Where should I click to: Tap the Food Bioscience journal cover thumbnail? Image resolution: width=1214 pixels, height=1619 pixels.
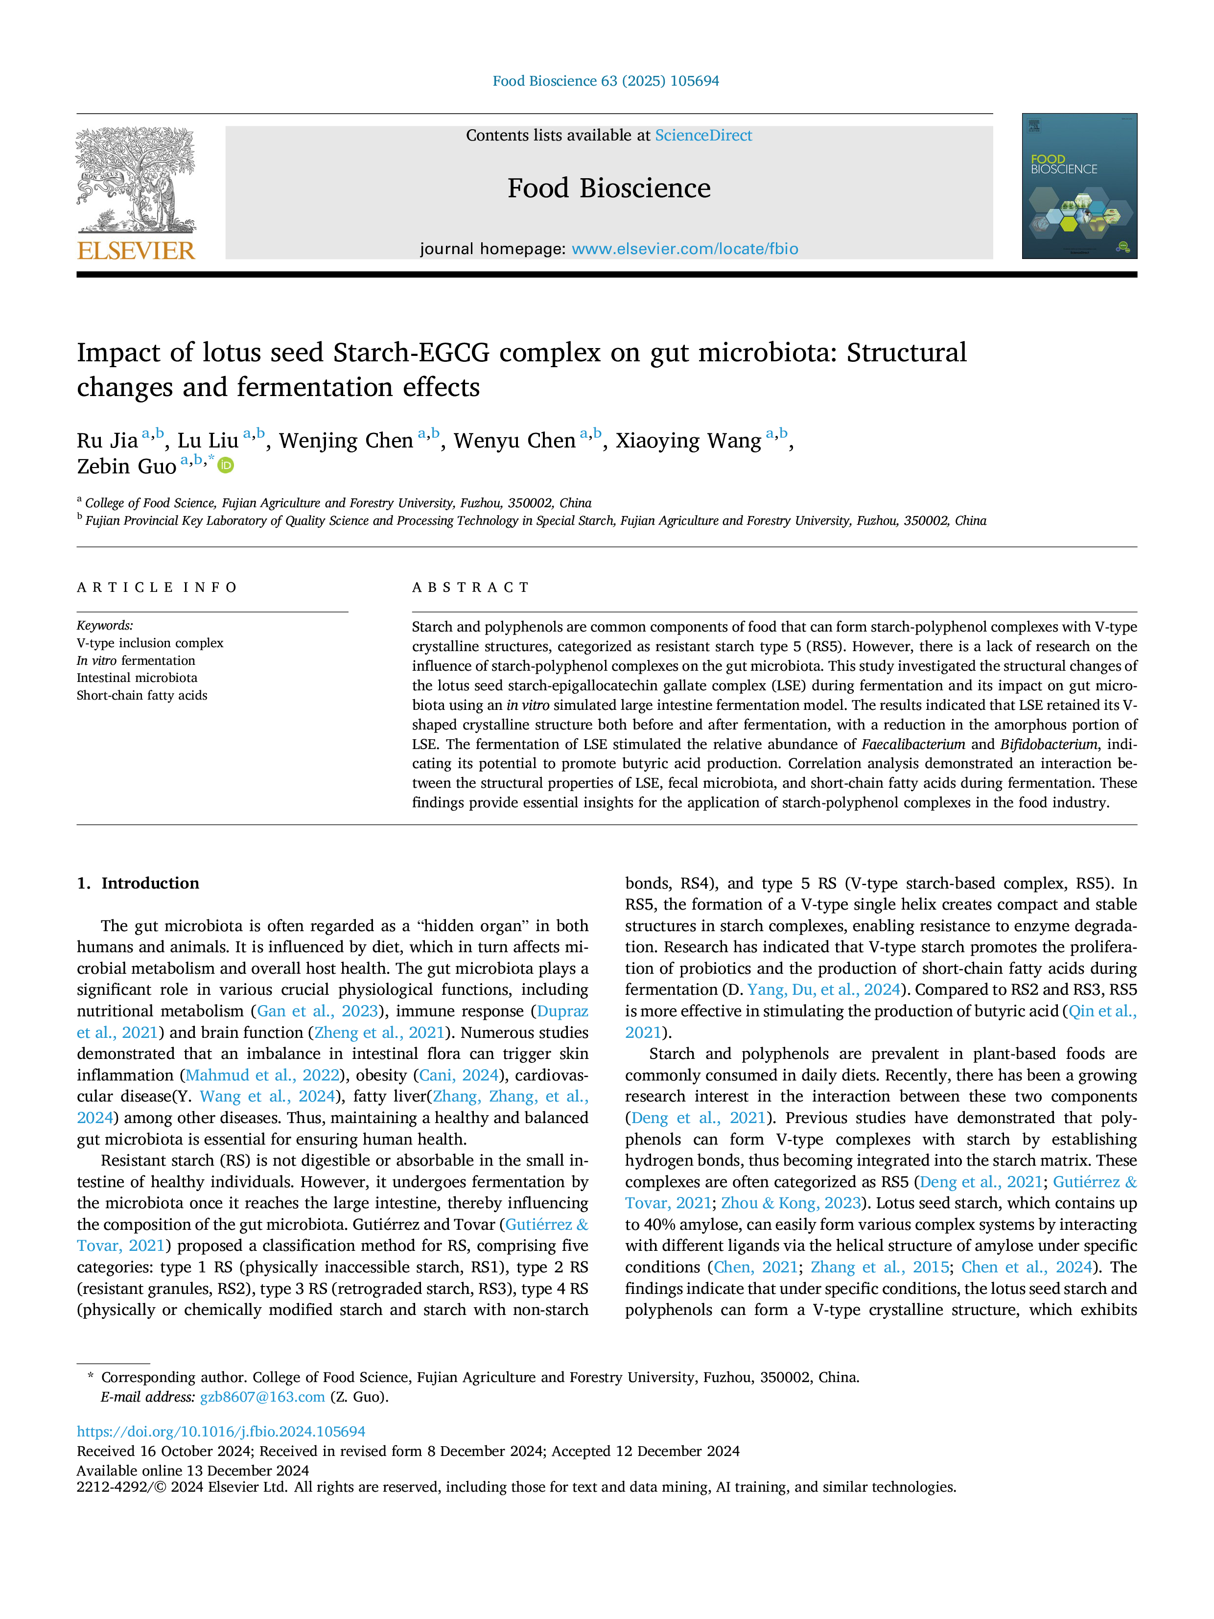tap(1079, 186)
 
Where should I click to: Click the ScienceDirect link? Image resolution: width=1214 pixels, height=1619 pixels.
tap(703, 136)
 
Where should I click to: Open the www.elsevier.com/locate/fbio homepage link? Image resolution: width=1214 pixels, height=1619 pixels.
tap(685, 249)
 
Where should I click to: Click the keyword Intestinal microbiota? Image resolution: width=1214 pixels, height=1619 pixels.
tap(137, 678)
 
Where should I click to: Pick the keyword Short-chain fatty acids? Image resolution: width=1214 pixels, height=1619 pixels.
tap(142, 695)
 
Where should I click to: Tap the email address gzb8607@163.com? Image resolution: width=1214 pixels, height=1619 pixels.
tap(262, 1397)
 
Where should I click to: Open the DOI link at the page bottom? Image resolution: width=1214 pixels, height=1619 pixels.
tap(221, 1431)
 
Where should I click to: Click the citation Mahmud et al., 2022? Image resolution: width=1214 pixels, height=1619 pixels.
tap(263, 1075)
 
